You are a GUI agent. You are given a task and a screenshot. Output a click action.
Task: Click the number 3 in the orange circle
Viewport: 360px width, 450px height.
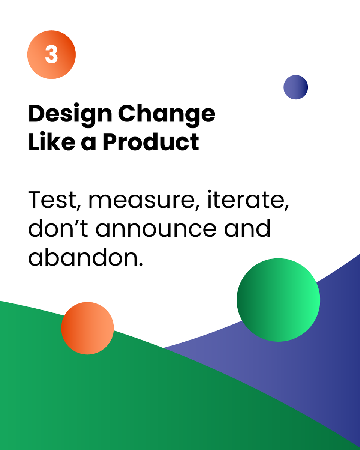pos(51,55)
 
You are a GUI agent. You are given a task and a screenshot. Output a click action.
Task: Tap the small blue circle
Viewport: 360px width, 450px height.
pos(295,87)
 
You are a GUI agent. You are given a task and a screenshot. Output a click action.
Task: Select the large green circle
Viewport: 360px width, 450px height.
pos(278,300)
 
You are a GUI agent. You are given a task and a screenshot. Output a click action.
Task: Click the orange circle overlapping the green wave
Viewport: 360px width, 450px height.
pos(87,328)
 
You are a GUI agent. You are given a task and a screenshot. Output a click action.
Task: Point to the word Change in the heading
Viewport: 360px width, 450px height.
pos(167,114)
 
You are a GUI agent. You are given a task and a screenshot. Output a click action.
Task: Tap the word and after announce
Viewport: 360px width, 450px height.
pos(247,228)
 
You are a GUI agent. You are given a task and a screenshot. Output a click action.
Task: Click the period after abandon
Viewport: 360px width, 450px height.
pos(141,264)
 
